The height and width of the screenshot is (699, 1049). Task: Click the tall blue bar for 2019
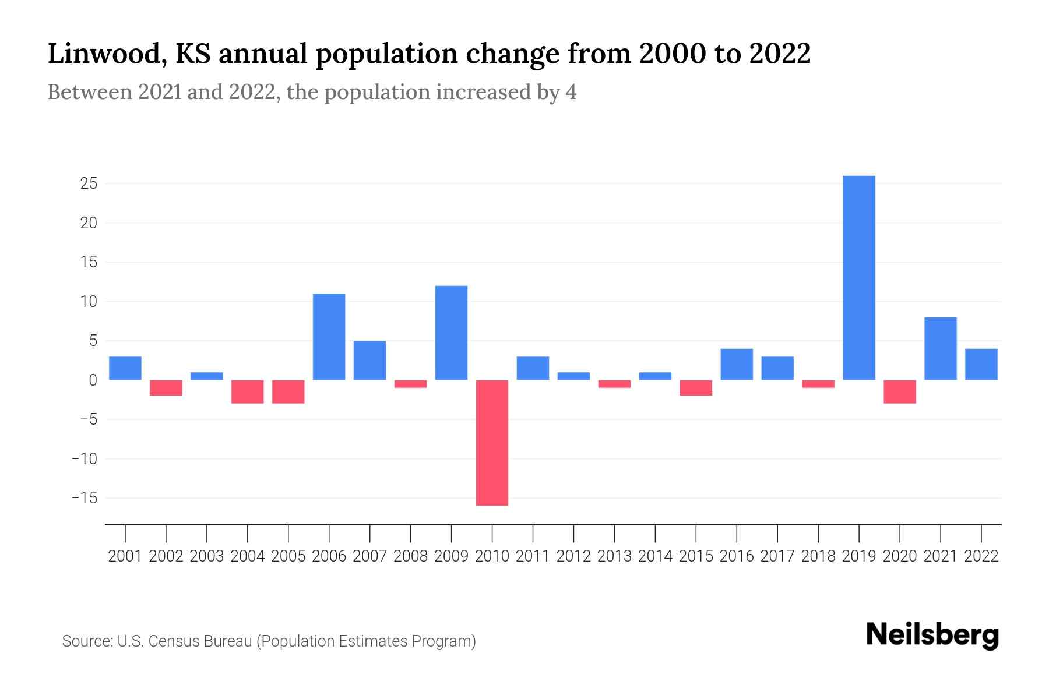859,278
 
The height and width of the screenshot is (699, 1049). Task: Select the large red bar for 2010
492,443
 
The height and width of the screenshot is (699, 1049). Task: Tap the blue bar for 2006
329,337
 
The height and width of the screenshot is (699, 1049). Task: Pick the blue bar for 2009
452,333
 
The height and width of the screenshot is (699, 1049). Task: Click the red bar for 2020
900,391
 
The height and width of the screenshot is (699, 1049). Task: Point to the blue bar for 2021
941,348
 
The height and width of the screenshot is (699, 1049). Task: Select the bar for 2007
370,360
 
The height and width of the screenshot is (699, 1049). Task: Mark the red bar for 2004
248,391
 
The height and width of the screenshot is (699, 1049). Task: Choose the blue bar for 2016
737,364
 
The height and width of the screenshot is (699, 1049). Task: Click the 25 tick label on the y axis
89,184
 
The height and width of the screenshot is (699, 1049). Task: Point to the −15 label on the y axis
84,498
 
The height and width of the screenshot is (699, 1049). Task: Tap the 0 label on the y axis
93,380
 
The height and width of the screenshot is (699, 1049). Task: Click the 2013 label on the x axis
614,556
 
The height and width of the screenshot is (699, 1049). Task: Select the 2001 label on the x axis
125,556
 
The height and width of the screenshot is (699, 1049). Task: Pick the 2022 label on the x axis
981,556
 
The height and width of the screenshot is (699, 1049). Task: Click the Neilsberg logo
932,635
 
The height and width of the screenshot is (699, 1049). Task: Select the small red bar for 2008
411,384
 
